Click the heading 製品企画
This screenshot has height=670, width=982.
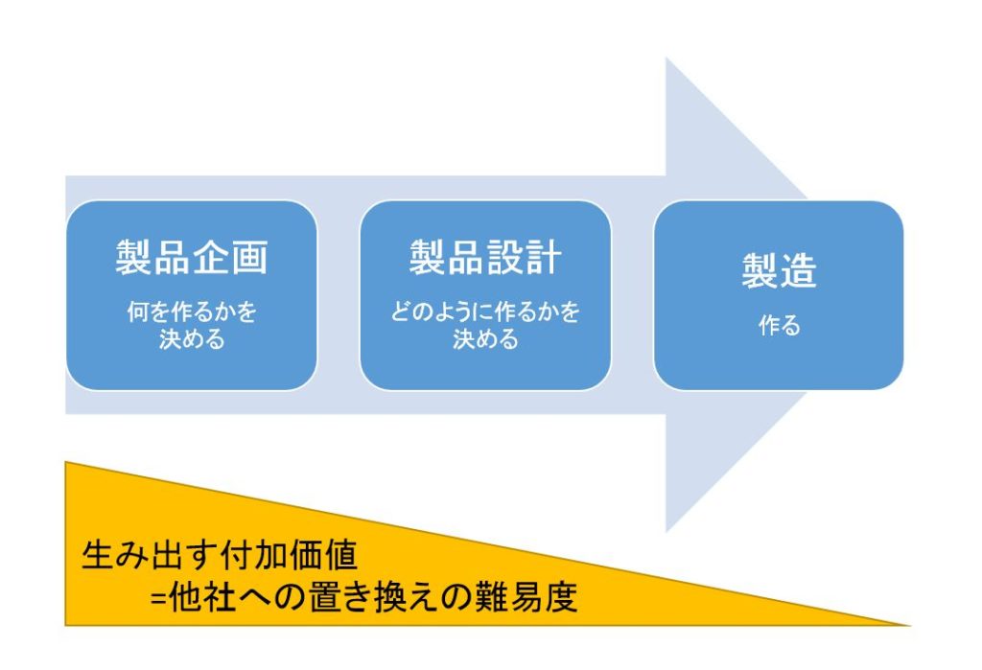192,257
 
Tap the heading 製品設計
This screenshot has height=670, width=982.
485,257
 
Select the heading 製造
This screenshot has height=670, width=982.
779,270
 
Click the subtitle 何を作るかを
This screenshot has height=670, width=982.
192,312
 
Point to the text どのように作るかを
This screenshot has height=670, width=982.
485,312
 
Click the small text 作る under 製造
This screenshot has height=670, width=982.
779,325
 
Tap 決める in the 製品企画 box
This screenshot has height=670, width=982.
192,338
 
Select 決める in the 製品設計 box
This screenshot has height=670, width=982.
485,338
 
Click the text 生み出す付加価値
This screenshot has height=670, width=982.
220,554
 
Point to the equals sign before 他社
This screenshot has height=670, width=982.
158,598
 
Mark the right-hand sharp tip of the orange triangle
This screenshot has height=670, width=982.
909,624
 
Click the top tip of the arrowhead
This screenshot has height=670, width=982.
666,58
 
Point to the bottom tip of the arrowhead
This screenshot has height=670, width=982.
666,531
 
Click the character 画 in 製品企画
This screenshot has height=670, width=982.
249,257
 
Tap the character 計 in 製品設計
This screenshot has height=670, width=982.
543,257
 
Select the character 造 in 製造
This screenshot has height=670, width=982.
799,270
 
